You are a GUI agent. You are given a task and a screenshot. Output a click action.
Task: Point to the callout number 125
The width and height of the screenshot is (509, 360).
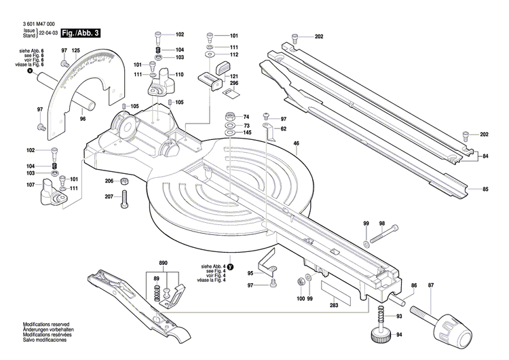point(75,51)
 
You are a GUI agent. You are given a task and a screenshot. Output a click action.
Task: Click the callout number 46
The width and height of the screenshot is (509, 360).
point(296,143)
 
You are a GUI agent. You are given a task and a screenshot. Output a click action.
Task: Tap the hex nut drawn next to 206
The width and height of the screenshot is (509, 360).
point(125,181)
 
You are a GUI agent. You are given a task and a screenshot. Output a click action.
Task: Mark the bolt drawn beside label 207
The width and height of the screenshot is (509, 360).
point(125,199)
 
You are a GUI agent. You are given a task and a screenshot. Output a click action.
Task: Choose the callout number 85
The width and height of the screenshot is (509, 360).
point(485,188)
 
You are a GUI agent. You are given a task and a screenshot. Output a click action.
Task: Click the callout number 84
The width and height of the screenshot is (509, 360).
point(485,156)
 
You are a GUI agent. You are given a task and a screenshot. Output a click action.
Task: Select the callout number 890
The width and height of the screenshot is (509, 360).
point(163,263)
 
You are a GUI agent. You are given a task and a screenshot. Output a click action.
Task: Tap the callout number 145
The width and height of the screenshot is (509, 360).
point(247,132)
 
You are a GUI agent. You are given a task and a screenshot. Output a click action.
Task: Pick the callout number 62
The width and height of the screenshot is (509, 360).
point(283,128)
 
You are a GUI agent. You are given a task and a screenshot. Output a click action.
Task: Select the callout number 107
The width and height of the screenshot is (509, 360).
point(31,185)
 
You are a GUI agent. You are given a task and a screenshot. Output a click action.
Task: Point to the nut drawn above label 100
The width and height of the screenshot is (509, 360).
point(301,281)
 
